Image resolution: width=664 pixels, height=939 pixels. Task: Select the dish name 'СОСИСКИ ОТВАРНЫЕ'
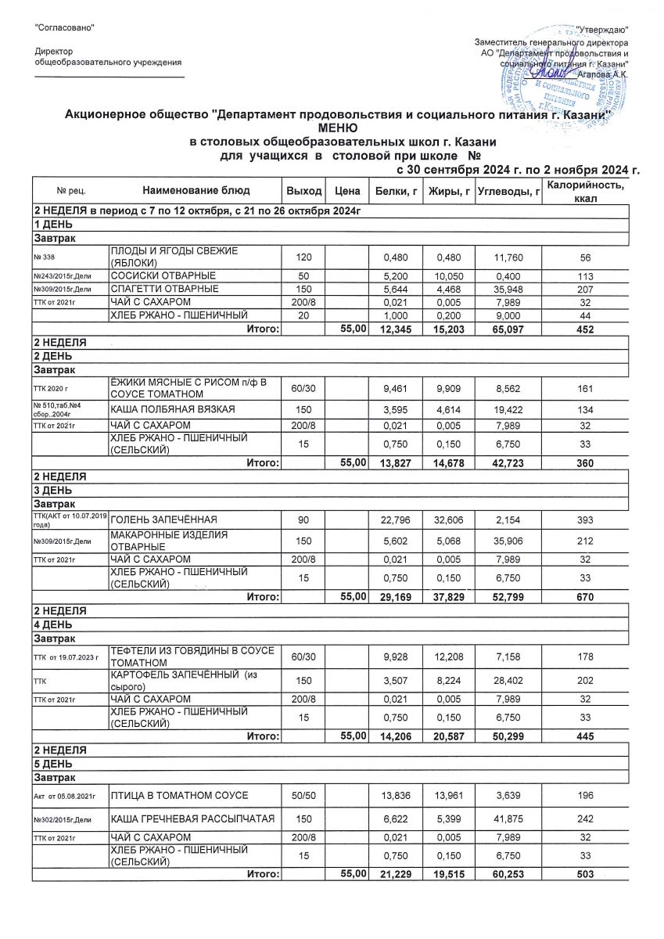(x=163, y=276)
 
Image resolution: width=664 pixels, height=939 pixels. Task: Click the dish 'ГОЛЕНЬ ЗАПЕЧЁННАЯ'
(x=163, y=520)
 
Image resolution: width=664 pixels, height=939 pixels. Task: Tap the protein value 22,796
(x=394, y=520)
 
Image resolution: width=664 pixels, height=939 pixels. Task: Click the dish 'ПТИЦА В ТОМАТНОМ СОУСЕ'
(x=179, y=796)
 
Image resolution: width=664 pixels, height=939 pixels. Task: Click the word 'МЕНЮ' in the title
(x=337, y=128)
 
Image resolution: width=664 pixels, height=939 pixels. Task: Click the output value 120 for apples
(x=304, y=257)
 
